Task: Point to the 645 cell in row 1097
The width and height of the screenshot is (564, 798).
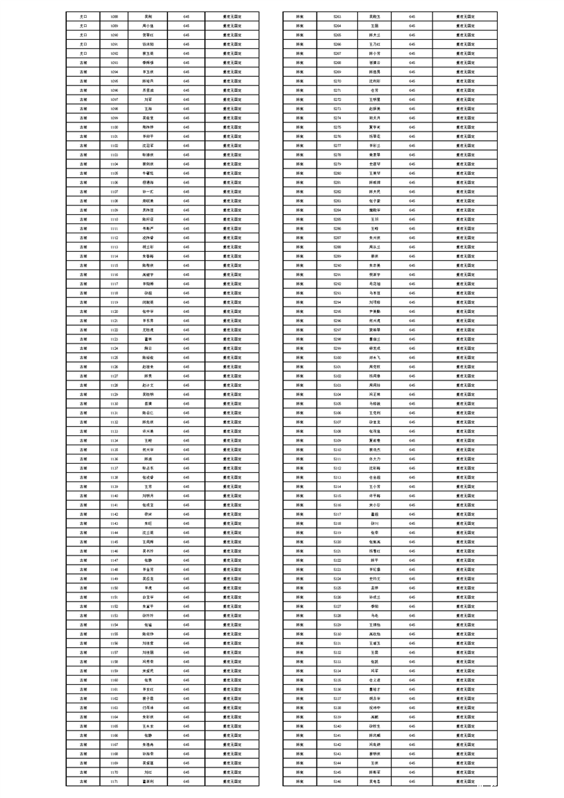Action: click(x=186, y=99)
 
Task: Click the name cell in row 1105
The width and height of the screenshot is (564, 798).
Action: click(x=148, y=173)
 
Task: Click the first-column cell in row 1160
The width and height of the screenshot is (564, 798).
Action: click(x=83, y=680)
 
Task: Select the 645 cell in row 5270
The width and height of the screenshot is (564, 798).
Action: click(x=412, y=80)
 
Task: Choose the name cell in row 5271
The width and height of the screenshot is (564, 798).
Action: click(x=374, y=90)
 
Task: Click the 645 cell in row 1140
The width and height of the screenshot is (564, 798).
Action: click(x=186, y=496)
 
